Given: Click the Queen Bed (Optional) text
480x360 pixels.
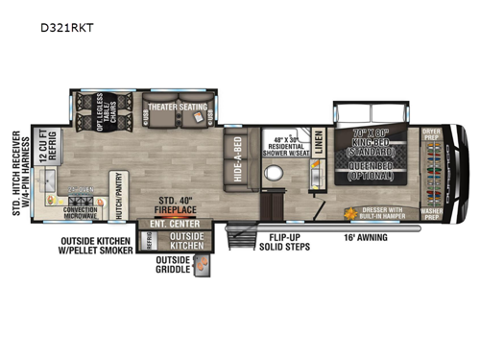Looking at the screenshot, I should [x=372, y=171].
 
